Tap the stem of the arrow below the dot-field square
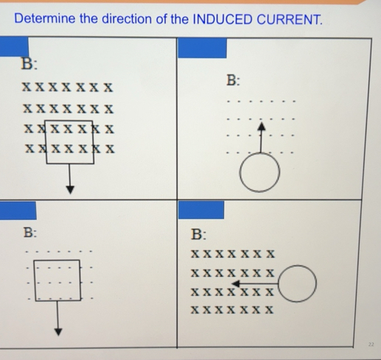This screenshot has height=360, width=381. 57,313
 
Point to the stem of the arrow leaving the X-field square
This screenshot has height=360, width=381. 70,174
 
